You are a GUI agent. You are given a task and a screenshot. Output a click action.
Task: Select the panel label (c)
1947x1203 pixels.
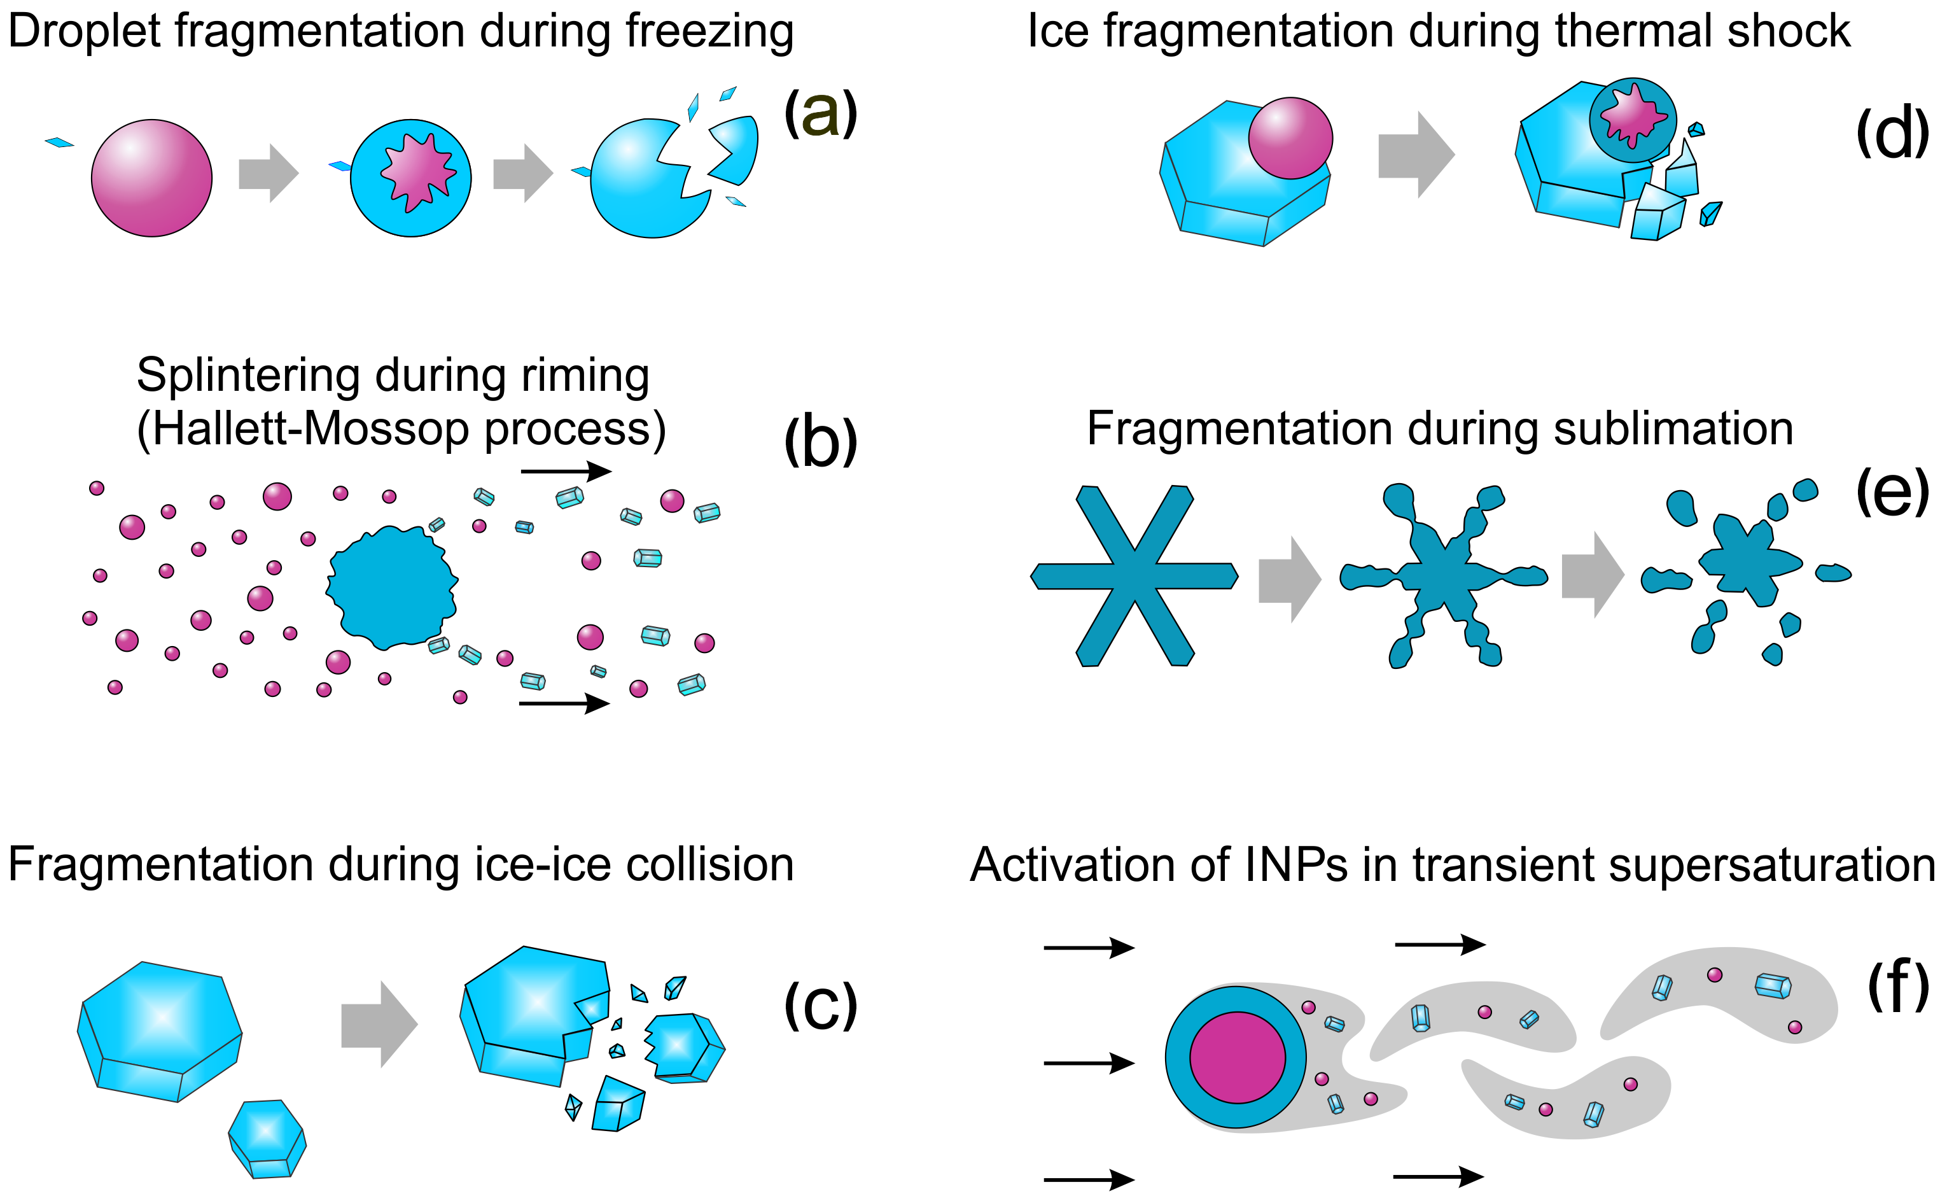[x=820, y=1005]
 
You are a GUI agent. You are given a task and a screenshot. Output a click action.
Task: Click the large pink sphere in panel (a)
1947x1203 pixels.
[x=152, y=178]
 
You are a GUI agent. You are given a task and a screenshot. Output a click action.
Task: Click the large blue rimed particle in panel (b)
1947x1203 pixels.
[x=392, y=587]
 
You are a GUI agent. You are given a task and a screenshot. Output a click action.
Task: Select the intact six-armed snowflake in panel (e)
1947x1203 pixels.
[x=1134, y=575]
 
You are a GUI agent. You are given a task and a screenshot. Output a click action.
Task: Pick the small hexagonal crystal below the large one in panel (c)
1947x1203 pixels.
[x=267, y=1139]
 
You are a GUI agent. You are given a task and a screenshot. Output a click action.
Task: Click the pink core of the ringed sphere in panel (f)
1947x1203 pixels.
[x=1238, y=1057]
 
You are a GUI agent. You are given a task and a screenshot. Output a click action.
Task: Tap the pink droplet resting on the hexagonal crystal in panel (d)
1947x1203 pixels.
[x=1290, y=137]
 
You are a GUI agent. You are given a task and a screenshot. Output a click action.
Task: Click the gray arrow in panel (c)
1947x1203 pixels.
[x=379, y=1024]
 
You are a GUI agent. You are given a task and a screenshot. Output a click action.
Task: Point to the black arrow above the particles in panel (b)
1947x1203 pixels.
[x=566, y=471]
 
